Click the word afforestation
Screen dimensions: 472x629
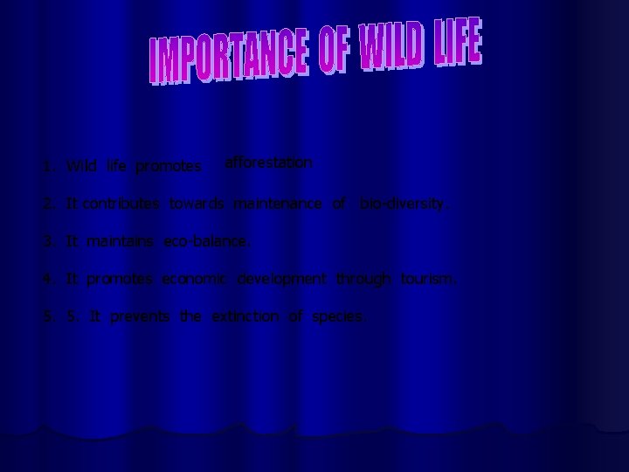(x=268, y=162)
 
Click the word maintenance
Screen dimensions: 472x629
(x=279, y=205)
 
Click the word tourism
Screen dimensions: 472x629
(x=428, y=279)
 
